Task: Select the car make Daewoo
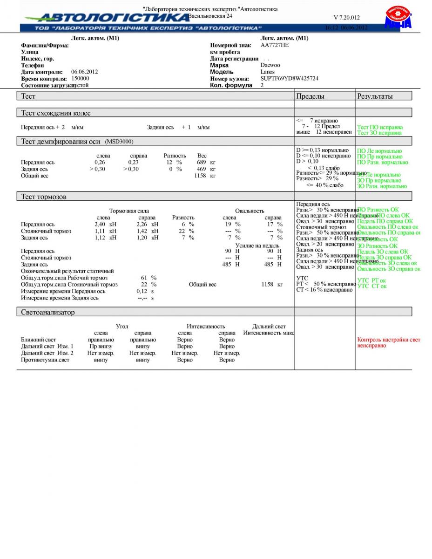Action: (x=270, y=65)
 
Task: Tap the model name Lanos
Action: (x=267, y=72)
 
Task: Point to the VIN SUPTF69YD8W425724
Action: (x=289, y=79)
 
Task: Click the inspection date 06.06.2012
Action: (x=84, y=72)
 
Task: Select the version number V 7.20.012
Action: (x=346, y=18)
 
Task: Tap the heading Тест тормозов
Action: (x=44, y=197)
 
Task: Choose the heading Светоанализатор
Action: (x=47, y=312)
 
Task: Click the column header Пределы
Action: (x=310, y=96)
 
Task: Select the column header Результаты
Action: (x=375, y=96)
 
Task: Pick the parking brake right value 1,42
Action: (x=142, y=231)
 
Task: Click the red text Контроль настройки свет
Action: (x=388, y=340)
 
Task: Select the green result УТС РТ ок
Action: (x=371, y=280)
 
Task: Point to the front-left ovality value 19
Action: (x=229, y=224)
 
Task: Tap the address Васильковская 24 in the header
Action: (x=210, y=16)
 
